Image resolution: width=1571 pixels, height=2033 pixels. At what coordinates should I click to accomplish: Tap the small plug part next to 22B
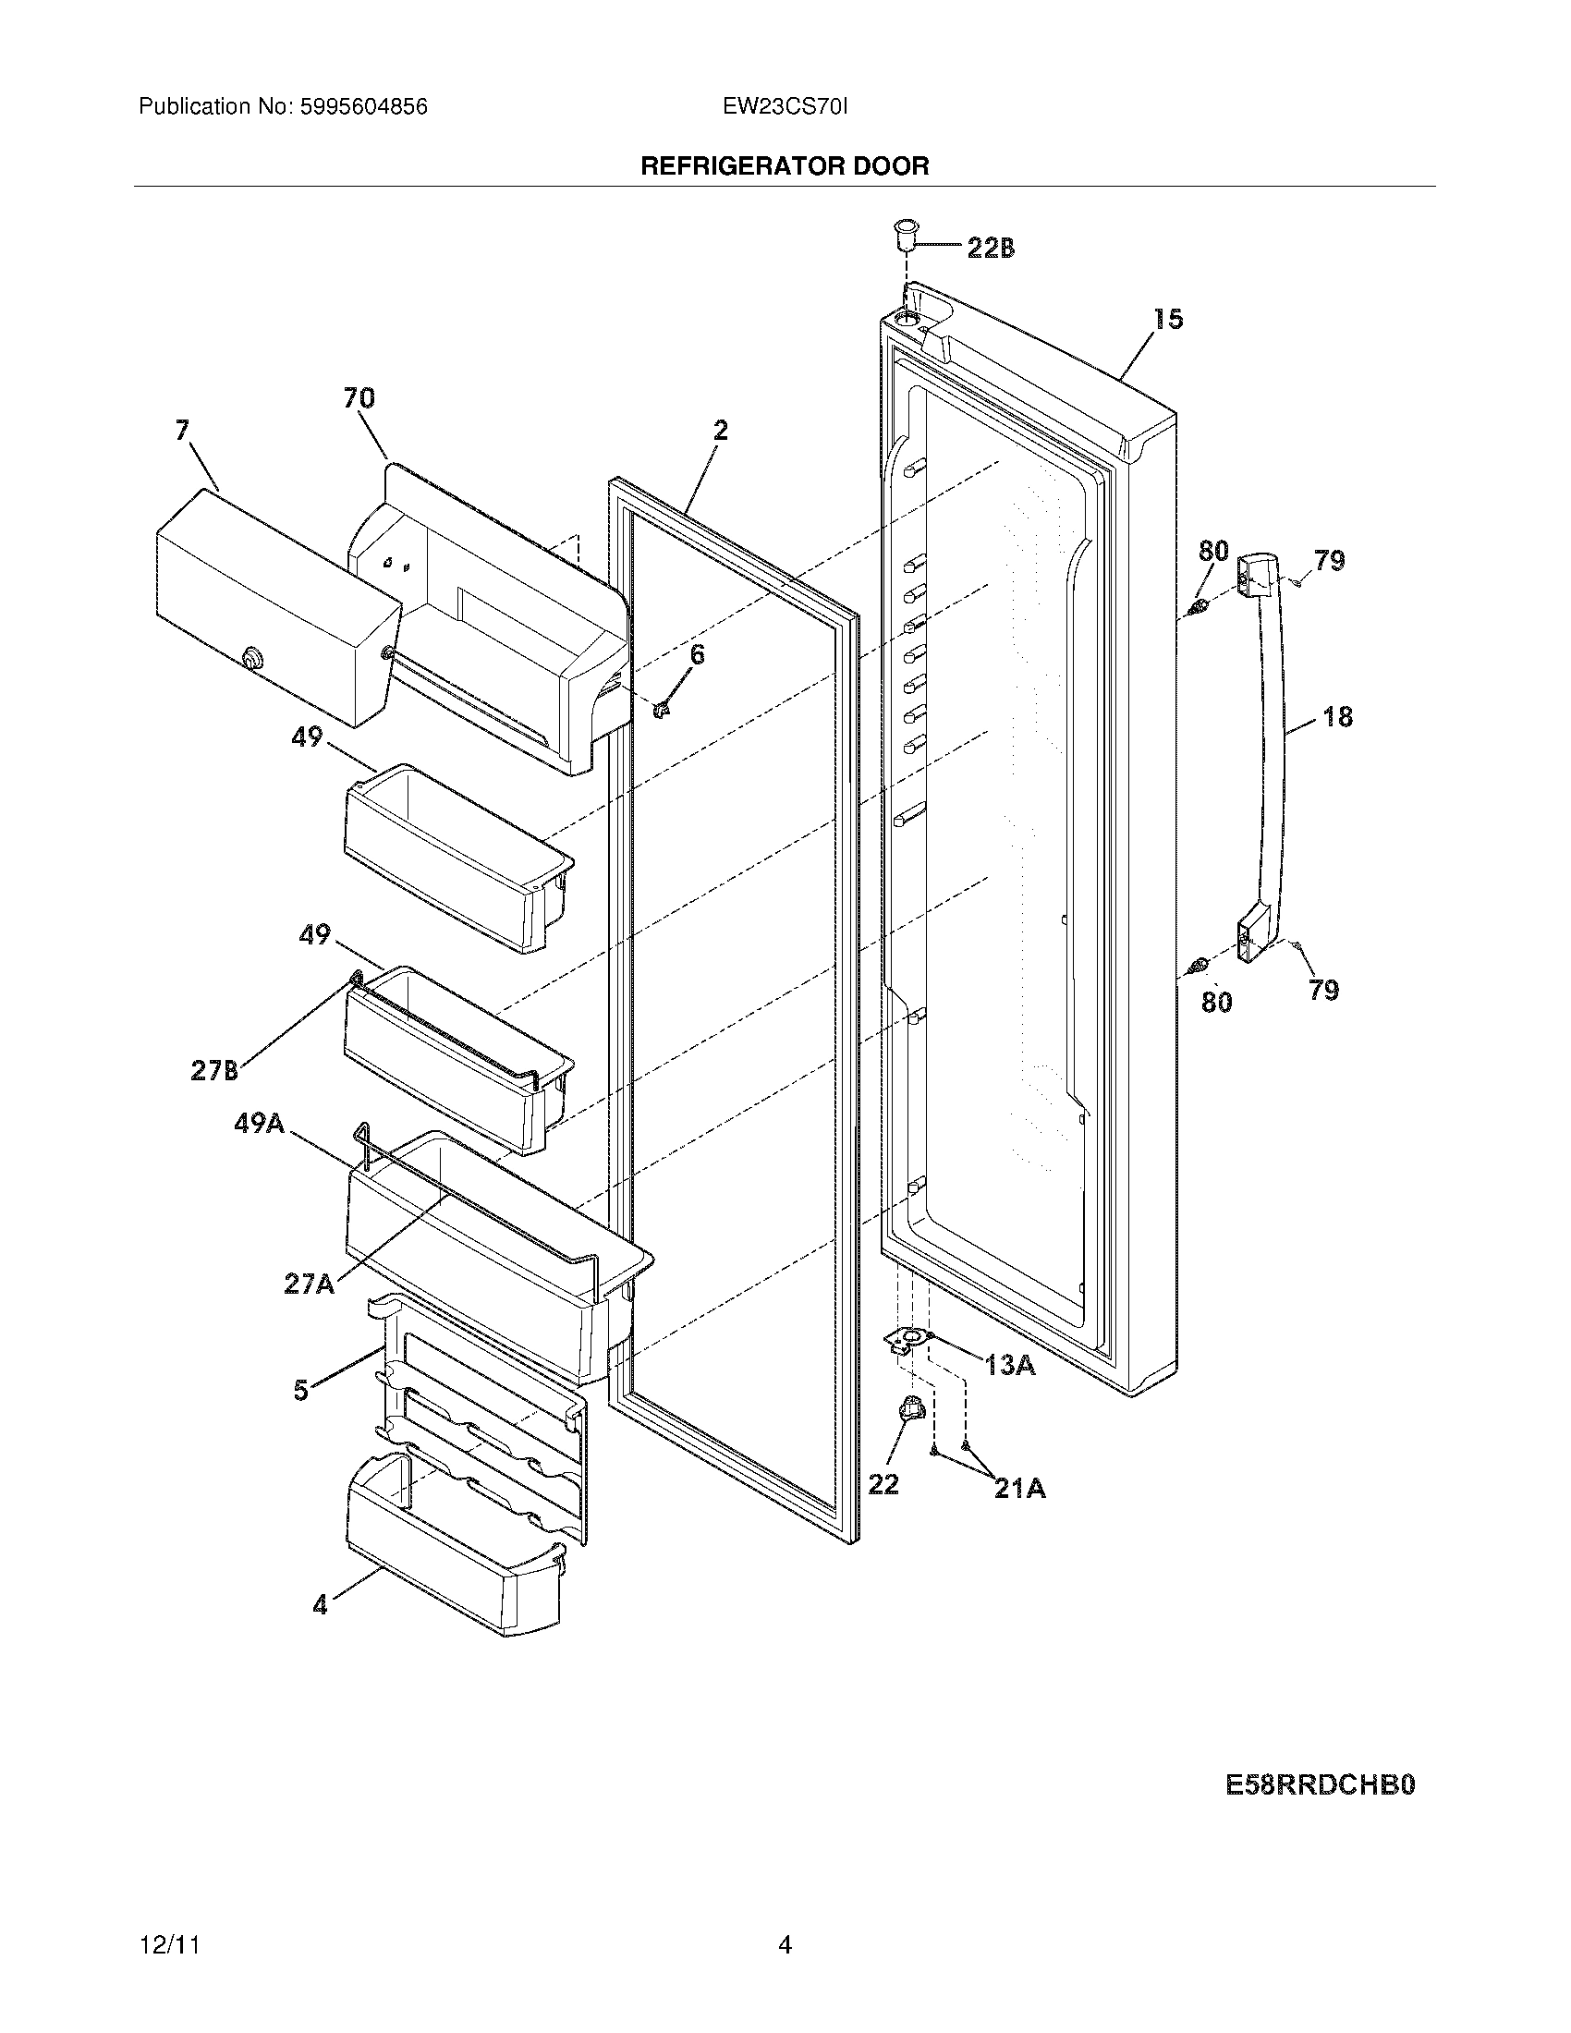pyautogui.click(x=904, y=237)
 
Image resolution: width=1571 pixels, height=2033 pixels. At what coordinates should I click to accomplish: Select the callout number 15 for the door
pyautogui.click(x=1168, y=320)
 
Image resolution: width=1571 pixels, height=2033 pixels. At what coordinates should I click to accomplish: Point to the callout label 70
pyautogui.click(x=359, y=398)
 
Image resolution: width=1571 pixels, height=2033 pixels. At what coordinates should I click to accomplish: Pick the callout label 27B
pyautogui.click(x=214, y=1071)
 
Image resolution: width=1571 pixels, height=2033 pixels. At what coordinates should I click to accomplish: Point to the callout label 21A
pyautogui.click(x=1019, y=1490)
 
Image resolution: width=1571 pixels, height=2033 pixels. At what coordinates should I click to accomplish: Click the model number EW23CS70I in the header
pyautogui.click(x=785, y=107)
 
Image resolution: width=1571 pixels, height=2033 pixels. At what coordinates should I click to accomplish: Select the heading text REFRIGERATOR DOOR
pyautogui.click(x=785, y=166)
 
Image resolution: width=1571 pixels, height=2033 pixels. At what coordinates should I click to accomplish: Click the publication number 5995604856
pyautogui.click(x=363, y=107)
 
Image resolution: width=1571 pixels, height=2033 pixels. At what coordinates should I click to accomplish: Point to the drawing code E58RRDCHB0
pyautogui.click(x=1320, y=1785)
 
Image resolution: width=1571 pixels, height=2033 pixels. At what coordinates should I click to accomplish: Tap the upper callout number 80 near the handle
pyautogui.click(x=1212, y=550)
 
